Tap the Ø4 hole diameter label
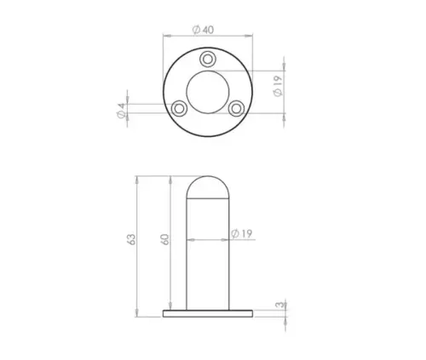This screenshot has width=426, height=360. pos(120,109)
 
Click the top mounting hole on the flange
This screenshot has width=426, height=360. pos(208,60)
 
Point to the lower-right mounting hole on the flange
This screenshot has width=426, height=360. pos(236,108)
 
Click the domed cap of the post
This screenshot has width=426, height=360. pos(208,187)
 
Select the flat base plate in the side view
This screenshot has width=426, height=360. pos(208,313)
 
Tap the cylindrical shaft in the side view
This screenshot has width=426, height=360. pos(208,255)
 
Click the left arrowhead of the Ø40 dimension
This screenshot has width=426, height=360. pos(165,36)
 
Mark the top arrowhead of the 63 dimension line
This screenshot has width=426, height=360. pos(138,179)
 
